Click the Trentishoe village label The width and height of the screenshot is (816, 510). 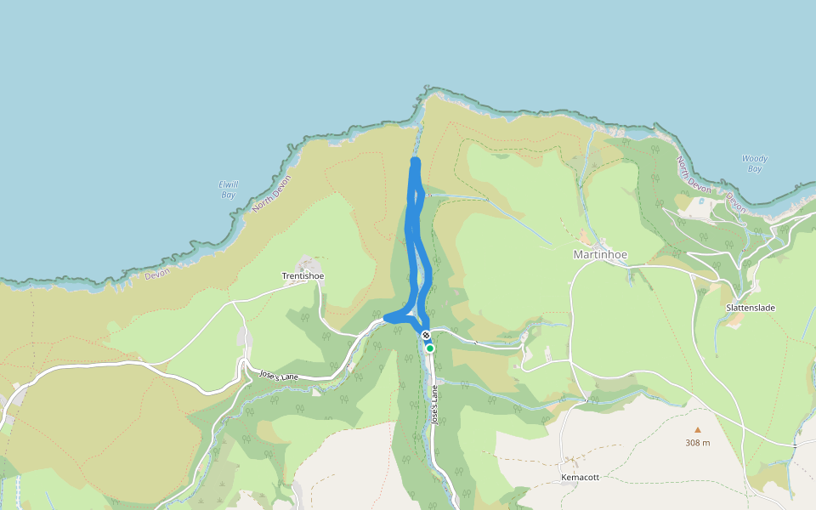(303, 276)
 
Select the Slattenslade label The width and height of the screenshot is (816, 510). (751, 308)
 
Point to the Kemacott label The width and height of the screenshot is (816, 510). (580, 478)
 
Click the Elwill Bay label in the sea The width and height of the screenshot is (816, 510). (227, 189)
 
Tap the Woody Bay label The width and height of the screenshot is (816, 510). (754, 163)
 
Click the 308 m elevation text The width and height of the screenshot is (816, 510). (697, 443)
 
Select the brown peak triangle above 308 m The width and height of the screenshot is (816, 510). (698, 430)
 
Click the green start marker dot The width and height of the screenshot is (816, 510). (430, 348)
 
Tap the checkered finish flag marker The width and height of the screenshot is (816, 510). (425, 336)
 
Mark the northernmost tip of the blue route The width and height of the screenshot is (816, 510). (415, 161)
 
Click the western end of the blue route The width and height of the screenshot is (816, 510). (387, 318)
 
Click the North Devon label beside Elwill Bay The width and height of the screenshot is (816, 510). (271, 193)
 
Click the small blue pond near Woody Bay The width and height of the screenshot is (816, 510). (700, 201)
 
